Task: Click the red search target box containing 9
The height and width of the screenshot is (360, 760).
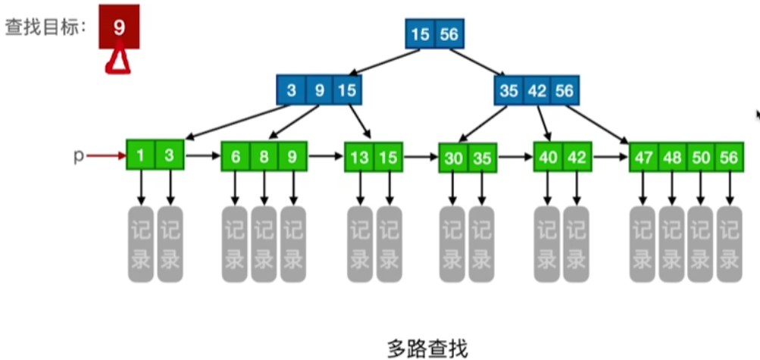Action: click(119, 29)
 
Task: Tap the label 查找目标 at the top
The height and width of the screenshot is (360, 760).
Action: click(46, 27)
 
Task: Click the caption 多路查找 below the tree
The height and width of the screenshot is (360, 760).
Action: click(427, 348)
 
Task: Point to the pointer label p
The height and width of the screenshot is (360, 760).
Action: click(78, 156)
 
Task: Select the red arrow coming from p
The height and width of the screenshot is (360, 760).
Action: click(105, 156)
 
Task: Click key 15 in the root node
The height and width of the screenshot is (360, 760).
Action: click(420, 34)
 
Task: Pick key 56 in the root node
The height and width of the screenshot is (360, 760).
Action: click(449, 34)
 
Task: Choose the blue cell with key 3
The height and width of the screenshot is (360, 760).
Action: click(291, 91)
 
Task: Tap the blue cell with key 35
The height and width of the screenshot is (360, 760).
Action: click(509, 91)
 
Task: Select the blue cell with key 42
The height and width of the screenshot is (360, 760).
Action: click(537, 91)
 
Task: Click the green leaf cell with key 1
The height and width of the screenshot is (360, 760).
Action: click(141, 156)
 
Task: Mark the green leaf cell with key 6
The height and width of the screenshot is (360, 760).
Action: click(236, 157)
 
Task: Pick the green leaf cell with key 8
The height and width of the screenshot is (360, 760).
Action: click(264, 157)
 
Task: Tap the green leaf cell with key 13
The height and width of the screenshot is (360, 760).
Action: click(359, 158)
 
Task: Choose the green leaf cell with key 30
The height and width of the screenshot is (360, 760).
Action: click(453, 159)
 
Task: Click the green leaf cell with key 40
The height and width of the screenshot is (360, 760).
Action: click(548, 157)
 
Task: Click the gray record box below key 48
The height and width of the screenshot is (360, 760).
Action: click(671, 244)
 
